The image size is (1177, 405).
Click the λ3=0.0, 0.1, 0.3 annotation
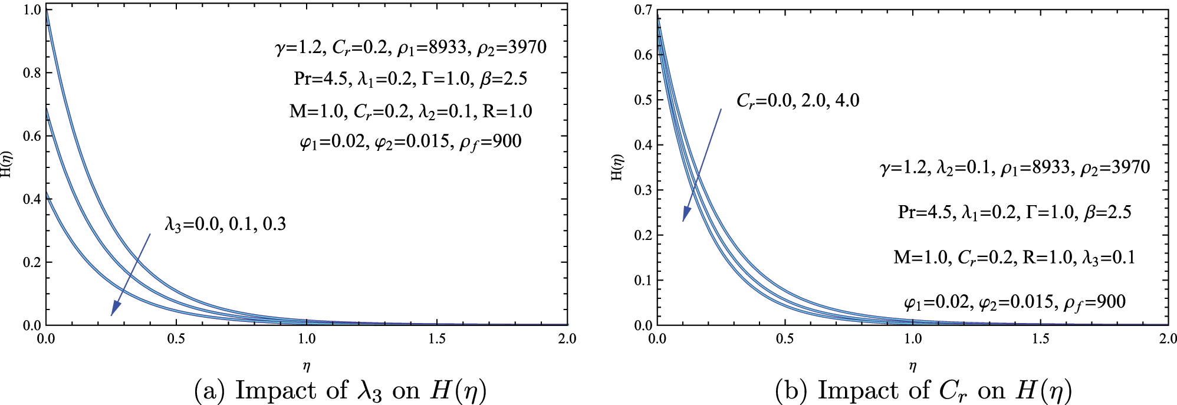click(x=225, y=224)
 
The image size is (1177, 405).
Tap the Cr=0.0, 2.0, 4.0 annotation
click(x=797, y=101)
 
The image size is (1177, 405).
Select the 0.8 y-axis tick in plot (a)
click(x=32, y=73)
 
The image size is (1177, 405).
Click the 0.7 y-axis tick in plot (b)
click(x=643, y=10)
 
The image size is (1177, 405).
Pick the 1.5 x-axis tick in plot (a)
click(x=437, y=339)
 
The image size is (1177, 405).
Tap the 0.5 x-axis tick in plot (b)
click(x=785, y=339)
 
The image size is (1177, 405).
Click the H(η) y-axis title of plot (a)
click(x=6, y=164)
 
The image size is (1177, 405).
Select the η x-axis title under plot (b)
click(x=912, y=367)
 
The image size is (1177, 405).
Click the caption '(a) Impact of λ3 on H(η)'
click(x=340, y=390)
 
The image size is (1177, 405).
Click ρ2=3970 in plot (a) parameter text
click(x=511, y=47)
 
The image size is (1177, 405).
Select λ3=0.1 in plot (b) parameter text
click(x=1109, y=258)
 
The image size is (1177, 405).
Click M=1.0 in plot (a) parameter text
click(x=316, y=111)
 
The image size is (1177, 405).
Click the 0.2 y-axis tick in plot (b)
click(x=643, y=235)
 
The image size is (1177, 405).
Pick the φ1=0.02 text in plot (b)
click(x=936, y=302)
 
